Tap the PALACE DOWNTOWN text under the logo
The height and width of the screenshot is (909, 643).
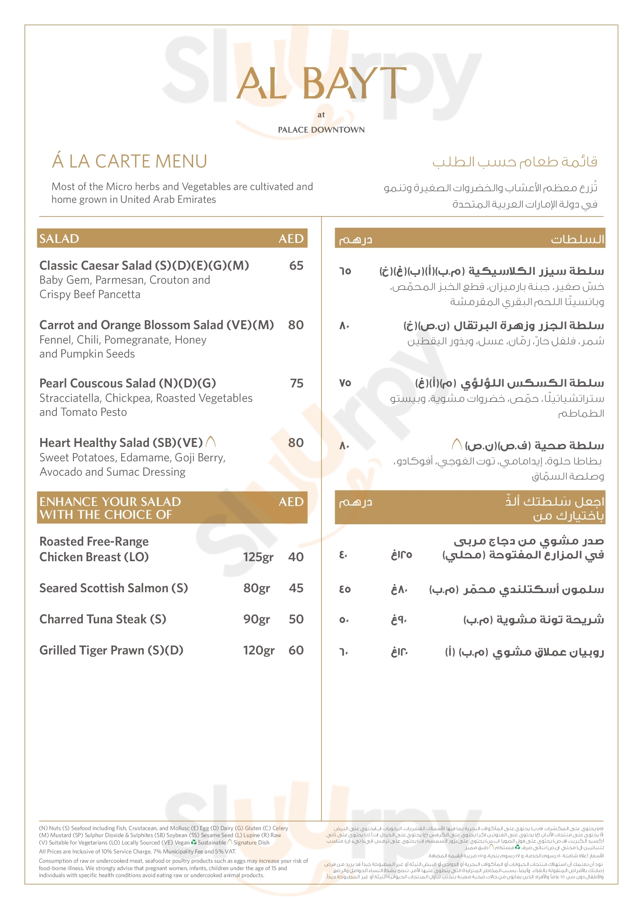coord(321,130)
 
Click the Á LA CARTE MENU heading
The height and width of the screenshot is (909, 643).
coord(129,162)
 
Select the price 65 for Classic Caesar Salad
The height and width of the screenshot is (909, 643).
coord(296,266)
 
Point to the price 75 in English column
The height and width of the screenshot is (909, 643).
coord(297,383)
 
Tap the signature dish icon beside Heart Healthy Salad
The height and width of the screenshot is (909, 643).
coord(211,441)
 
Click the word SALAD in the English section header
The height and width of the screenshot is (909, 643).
coord(59,239)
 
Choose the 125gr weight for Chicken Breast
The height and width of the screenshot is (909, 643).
coord(258,557)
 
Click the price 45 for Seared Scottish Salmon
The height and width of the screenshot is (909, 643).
coord(296,588)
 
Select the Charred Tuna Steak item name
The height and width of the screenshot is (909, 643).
coord(103,619)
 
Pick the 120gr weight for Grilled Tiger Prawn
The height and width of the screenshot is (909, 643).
coord(259,650)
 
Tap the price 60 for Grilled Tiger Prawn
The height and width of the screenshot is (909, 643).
coord(296,650)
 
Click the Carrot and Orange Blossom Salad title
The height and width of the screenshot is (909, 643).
coord(156,325)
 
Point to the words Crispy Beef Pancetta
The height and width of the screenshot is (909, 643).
coord(90,295)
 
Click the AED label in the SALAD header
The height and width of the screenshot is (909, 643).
coord(291,239)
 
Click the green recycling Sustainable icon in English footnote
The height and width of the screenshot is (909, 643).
coord(194,842)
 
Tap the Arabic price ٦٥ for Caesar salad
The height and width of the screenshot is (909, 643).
coord(345,271)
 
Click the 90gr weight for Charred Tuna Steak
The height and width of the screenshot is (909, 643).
coord(257,619)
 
